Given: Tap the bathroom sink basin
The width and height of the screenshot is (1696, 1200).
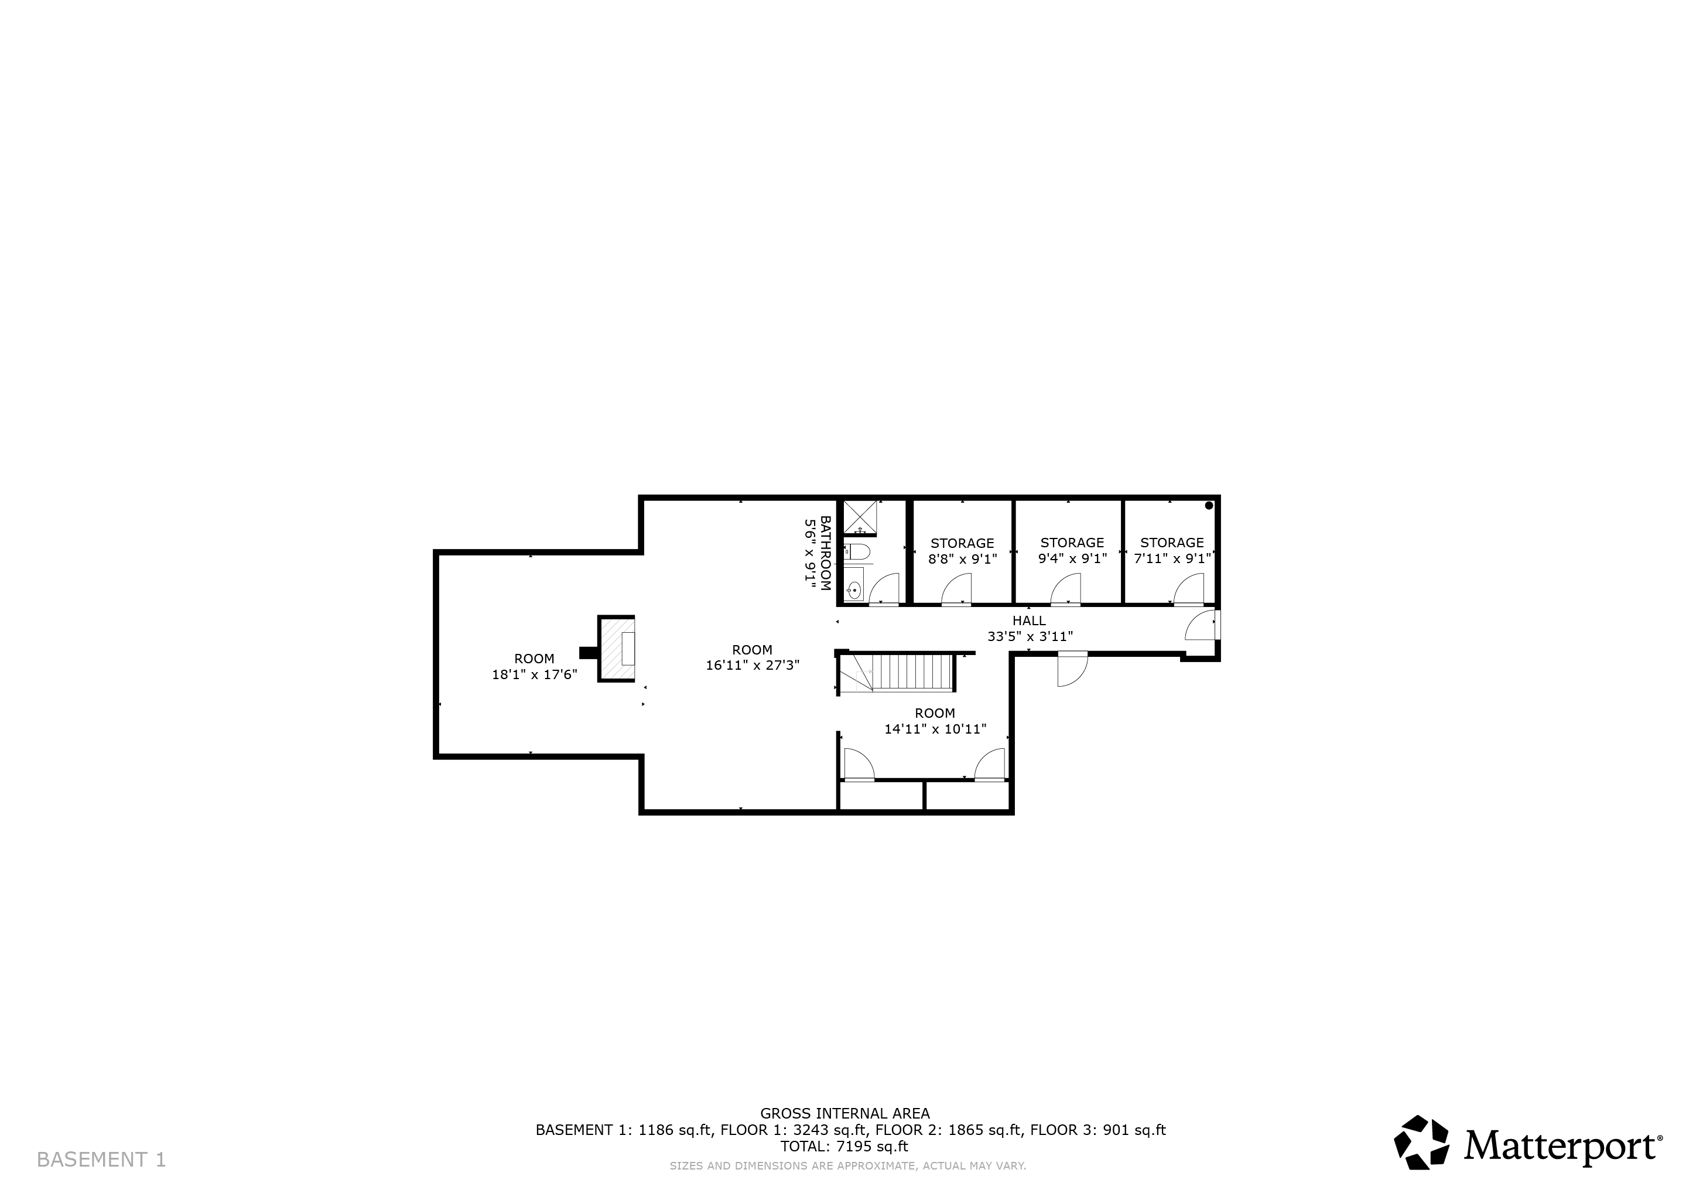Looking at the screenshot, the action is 854,589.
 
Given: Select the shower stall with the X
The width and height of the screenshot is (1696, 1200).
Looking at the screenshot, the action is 860,517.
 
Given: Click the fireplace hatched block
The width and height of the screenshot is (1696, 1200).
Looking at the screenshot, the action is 616,648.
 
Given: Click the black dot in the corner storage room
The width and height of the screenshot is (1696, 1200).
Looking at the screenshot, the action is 1209,506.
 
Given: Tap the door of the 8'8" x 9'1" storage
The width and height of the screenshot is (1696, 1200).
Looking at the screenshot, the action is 956,589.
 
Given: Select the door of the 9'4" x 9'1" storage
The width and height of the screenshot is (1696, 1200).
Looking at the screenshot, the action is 1065,589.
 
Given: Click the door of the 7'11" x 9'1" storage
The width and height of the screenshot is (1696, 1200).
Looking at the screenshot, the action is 1188,589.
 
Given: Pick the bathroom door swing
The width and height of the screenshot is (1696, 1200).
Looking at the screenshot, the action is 884,589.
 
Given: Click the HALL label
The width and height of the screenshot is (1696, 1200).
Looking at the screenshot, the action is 1029,621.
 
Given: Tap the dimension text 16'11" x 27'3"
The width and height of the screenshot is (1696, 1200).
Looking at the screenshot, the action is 752,665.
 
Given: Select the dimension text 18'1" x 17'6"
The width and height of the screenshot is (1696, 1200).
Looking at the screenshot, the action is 534,674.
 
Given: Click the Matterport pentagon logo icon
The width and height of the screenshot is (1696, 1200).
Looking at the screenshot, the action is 1421,1143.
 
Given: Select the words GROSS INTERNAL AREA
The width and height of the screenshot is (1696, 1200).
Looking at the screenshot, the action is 845,1113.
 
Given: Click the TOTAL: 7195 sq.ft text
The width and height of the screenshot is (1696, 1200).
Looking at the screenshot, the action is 844,1147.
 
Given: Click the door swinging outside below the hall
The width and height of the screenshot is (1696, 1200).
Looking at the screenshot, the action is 1072,669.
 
